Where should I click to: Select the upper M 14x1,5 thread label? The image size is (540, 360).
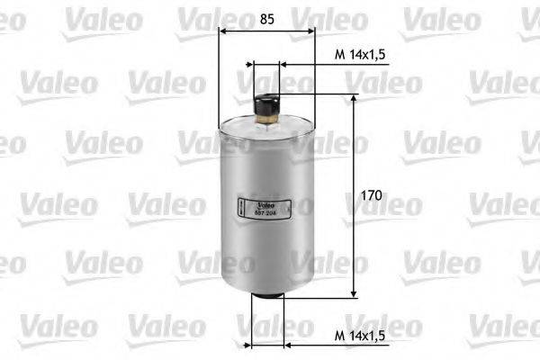click(360, 55)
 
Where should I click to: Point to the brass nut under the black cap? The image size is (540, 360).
click(266, 114)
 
